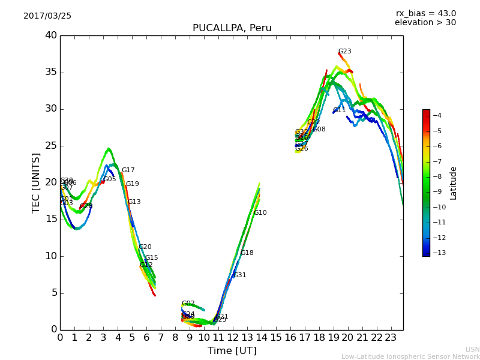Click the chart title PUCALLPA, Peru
pos(232,28)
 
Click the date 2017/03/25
pos(47,16)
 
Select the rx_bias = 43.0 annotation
pos(425,13)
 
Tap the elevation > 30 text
pos(425,23)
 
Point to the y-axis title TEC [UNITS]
pos(36,182)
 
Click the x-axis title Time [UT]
pos(232,351)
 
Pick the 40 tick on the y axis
pos(50,35)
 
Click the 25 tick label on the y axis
pos(50,146)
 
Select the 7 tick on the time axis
pos(161,338)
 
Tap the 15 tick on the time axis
pos(276,338)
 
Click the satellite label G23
pos(344,52)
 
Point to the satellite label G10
pos(260,213)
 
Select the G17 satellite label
pos(128,170)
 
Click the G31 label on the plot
pos(239,275)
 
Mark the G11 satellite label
pos(339,110)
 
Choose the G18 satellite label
pos(247,253)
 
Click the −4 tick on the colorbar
pos(437,115)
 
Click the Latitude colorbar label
pos(454,182)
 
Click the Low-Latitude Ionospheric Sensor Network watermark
pos(410,356)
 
